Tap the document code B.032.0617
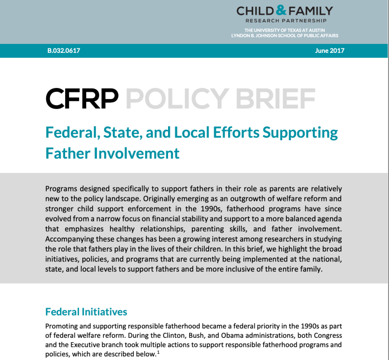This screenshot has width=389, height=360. click(x=63, y=51)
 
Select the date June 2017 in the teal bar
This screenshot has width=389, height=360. click(x=329, y=51)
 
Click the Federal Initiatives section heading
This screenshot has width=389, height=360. click(x=86, y=312)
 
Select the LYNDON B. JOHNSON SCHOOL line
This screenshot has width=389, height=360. click(x=285, y=36)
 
